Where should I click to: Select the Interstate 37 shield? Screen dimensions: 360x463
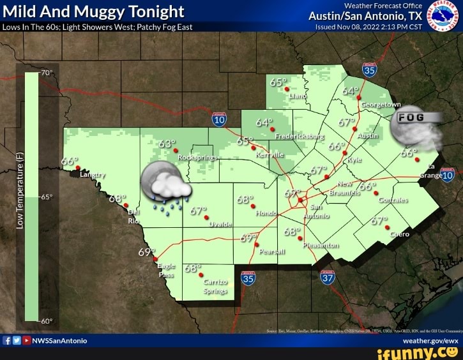328,276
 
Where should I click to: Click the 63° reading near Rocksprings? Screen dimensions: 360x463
167,144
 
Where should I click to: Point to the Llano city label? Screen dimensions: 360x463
298,96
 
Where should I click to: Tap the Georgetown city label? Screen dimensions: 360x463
381,104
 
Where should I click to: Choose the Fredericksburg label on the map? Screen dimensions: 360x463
299,137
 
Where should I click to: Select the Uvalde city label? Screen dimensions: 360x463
220,225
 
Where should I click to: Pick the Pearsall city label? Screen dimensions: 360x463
273,251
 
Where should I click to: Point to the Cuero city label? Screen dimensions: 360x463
400,234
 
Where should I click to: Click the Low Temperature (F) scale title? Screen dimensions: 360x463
20,190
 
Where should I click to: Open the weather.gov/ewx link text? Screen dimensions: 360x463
435,341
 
